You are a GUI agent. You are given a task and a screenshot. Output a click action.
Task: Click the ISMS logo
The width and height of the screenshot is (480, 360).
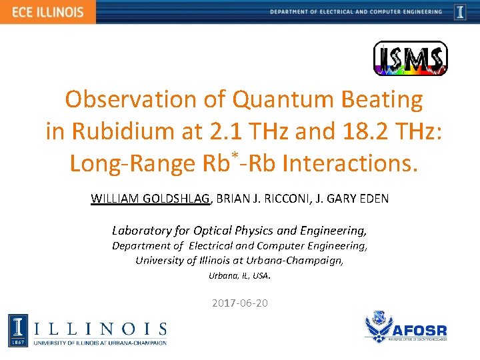(x=410, y=59)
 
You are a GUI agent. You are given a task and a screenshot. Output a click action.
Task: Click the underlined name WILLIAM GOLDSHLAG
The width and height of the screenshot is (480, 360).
(x=151, y=198)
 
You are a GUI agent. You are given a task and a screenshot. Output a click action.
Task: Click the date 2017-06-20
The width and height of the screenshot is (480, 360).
(x=240, y=303)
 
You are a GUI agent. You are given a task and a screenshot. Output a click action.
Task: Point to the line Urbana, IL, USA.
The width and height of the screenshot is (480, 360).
(x=240, y=275)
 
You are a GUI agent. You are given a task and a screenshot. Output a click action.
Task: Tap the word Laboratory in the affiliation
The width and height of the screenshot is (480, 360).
(x=142, y=231)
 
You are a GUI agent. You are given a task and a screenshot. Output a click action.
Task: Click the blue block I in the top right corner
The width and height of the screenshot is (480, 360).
(x=460, y=12)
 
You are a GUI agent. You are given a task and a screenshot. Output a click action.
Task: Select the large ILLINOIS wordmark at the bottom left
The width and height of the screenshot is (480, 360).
(x=100, y=328)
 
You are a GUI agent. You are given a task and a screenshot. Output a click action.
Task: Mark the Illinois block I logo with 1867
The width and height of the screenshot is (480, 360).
(x=18, y=331)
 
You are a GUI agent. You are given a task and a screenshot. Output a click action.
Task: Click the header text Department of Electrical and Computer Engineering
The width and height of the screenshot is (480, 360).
(x=356, y=12)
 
